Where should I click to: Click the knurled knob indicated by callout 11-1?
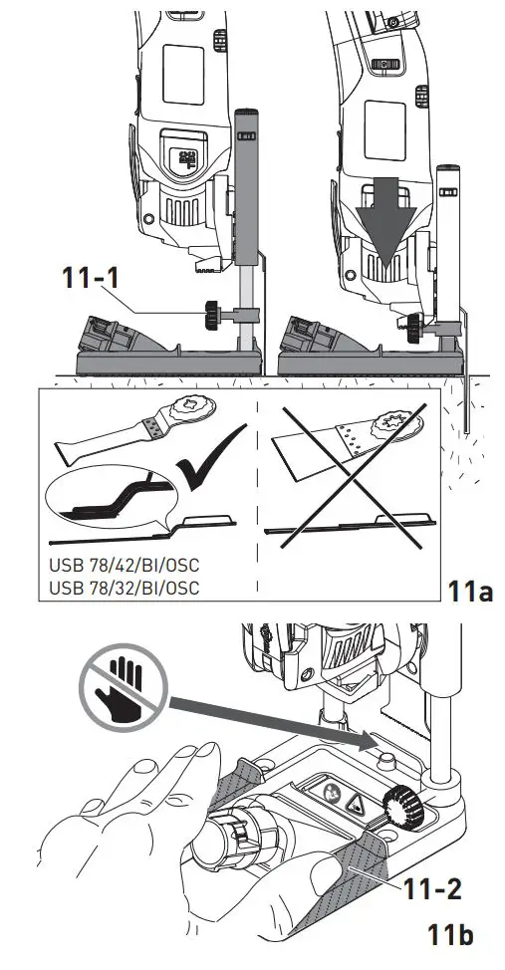(x=213, y=316)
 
